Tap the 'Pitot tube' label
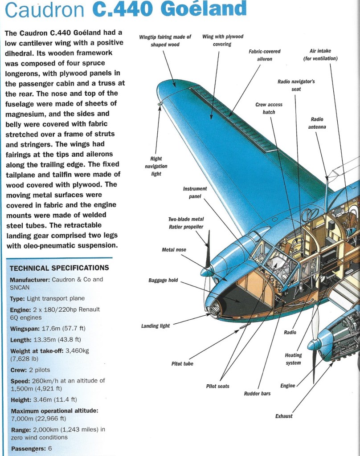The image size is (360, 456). (x=182, y=364)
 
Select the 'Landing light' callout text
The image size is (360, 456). (x=155, y=326)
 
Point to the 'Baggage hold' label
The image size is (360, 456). (x=163, y=280)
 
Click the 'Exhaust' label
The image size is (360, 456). (x=284, y=416)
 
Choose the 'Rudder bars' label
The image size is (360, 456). (x=257, y=394)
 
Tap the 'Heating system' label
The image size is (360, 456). (x=293, y=359)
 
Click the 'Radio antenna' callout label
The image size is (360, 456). (x=317, y=123)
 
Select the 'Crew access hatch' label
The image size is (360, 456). (x=269, y=108)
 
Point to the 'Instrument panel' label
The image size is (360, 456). (x=195, y=192)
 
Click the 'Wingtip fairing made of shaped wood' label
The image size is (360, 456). (x=165, y=41)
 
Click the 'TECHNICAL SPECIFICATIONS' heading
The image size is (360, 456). (x=59, y=268)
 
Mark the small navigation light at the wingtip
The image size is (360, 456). (x=160, y=105)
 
